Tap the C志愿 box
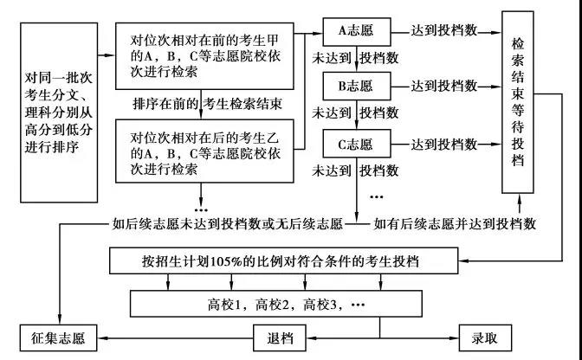[353, 145]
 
